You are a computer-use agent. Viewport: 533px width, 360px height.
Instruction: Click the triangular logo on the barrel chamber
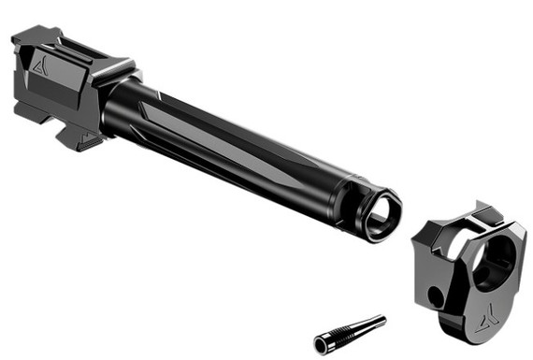point(39,65)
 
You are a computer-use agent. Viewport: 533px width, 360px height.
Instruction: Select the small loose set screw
point(350,332)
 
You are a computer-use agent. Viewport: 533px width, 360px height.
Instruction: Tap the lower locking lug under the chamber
point(79,137)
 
